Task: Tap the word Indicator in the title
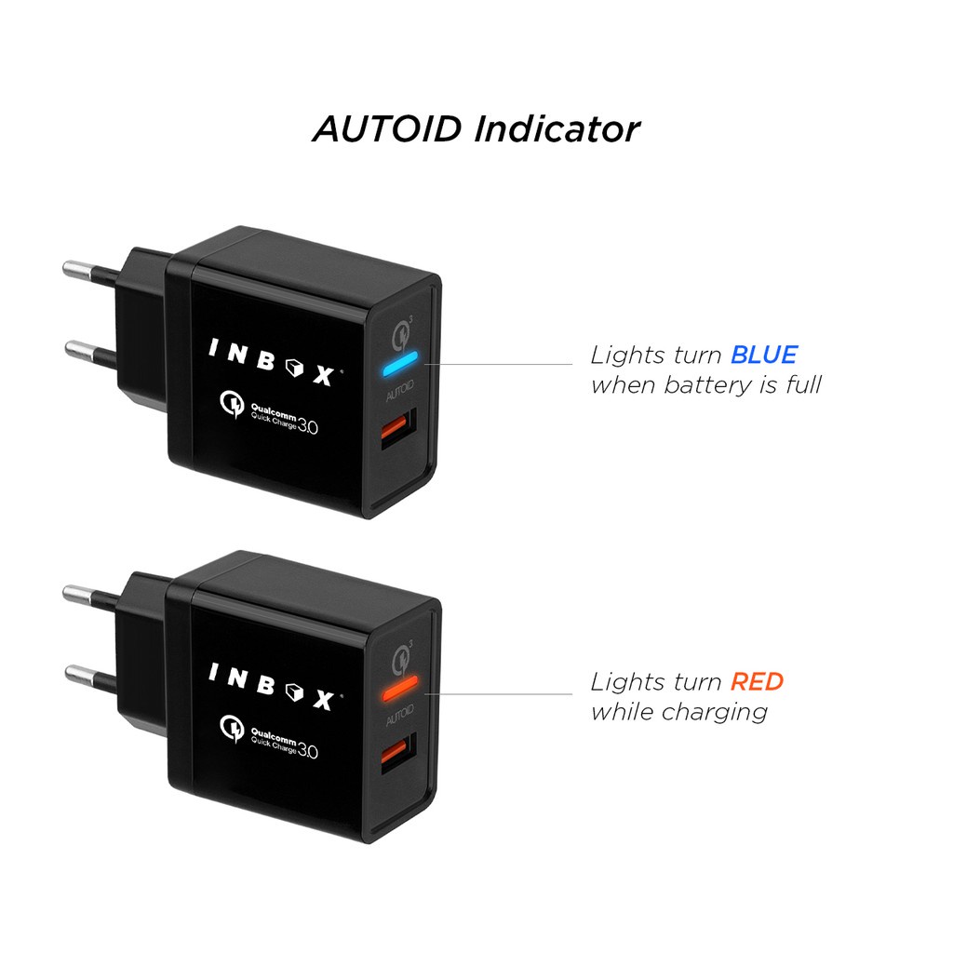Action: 557,128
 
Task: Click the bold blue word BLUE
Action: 763,355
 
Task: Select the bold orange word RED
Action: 757,682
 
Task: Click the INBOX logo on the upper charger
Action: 271,363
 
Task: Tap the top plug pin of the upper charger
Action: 89,272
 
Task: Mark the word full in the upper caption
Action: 802,384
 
